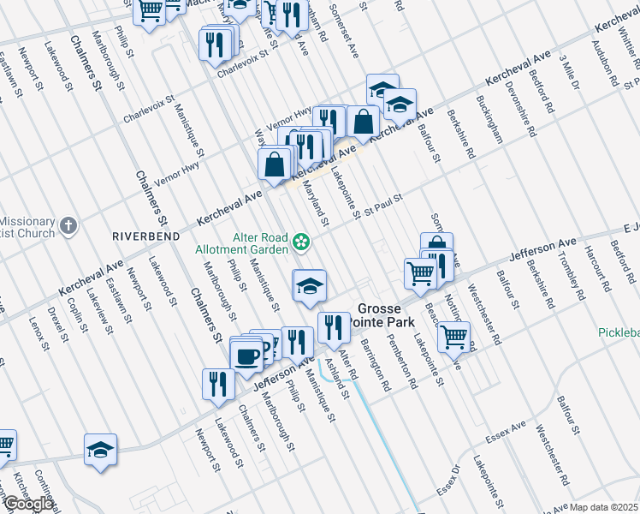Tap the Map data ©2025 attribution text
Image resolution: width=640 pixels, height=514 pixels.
pos(604,507)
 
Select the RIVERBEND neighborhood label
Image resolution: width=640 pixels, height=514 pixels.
pos(143,233)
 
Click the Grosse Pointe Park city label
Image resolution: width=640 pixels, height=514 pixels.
pos(385,314)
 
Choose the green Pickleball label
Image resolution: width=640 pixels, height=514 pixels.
pos(617,332)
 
